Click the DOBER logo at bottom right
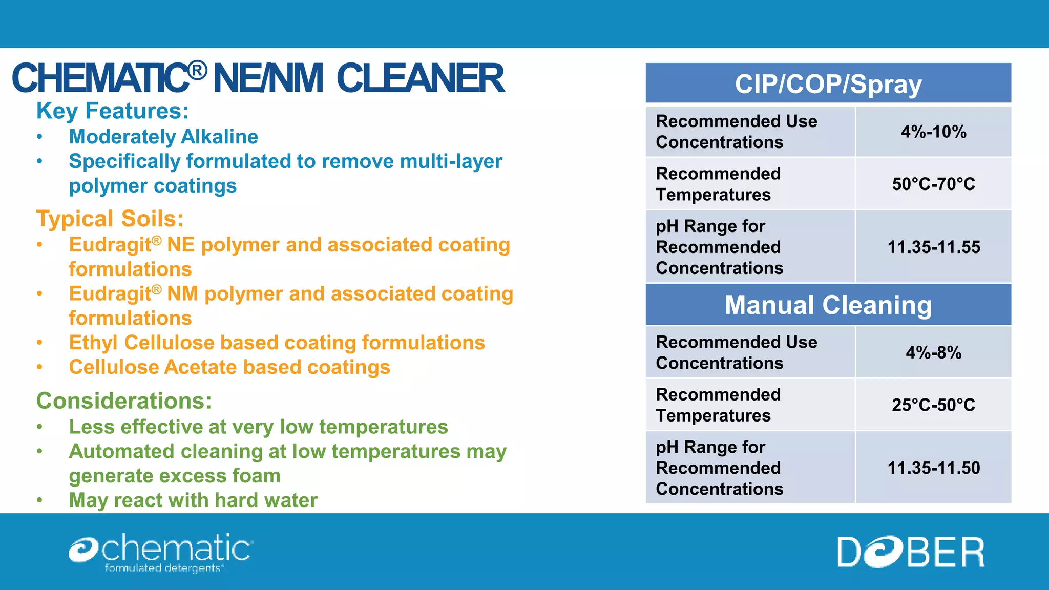pyautogui.click(x=910, y=552)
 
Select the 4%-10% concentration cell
pyautogui.click(x=933, y=132)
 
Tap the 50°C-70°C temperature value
pyautogui.click(x=933, y=184)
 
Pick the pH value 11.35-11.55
pyautogui.click(x=933, y=247)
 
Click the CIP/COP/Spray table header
pyautogui.click(x=828, y=84)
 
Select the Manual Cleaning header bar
pyautogui.click(x=828, y=305)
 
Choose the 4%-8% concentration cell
pyautogui.click(x=933, y=353)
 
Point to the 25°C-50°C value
pyautogui.click(x=933, y=405)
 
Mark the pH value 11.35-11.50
pyautogui.click(x=933, y=468)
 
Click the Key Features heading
pyautogui.click(x=113, y=111)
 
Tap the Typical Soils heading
pyautogui.click(x=110, y=219)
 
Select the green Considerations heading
pyautogui.click(x=124, y=401)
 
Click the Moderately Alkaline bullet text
pyautogui.click(x=163, y=137)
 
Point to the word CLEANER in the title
pyautogui.click(x=420, y=79)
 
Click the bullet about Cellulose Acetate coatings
pyautogui.click(x=229, y=368)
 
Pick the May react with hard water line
pyautogui.click(x=193, y=500)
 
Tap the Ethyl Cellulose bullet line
pyautogui.click(x=277, y=343)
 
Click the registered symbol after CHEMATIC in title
pyautogui.click(x=198, y=70)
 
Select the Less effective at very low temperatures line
pyautogui.click(x=258, y=427)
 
